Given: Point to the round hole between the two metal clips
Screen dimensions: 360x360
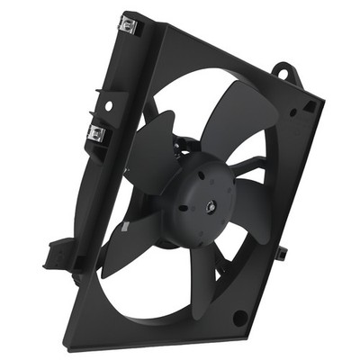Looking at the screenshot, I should click(x=108, y=105).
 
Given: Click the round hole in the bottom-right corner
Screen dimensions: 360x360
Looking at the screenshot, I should click(x=240, y=317).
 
